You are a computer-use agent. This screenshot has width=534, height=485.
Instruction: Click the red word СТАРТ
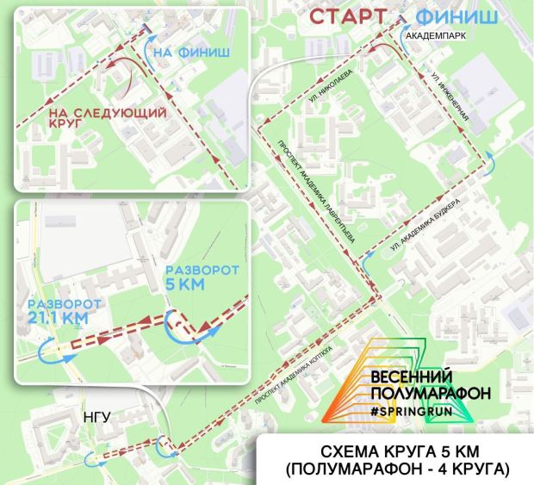346,17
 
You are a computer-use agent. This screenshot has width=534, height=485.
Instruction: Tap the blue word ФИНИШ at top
456,17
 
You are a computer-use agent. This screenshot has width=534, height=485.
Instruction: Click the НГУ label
96,416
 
